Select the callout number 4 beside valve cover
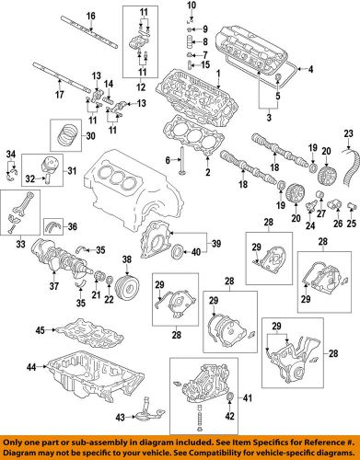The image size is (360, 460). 310,70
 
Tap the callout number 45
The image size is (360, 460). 40,329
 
